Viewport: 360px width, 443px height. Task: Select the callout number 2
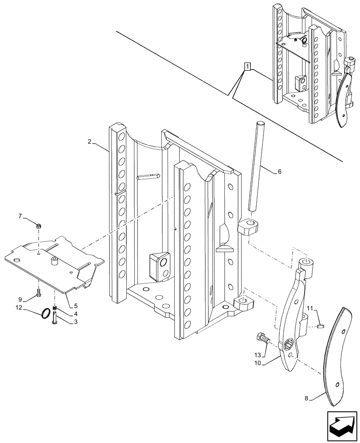point(90,142)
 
